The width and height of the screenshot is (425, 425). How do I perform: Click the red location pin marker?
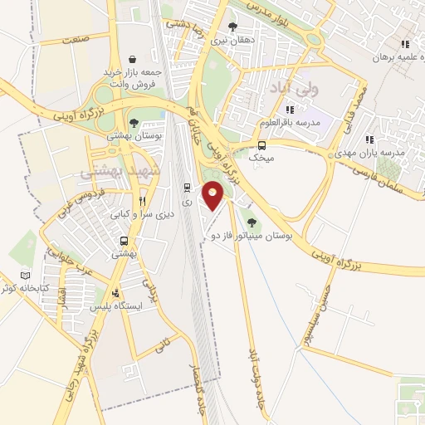tap(213, 196)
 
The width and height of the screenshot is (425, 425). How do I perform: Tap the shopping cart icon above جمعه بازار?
tap(133, 60)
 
